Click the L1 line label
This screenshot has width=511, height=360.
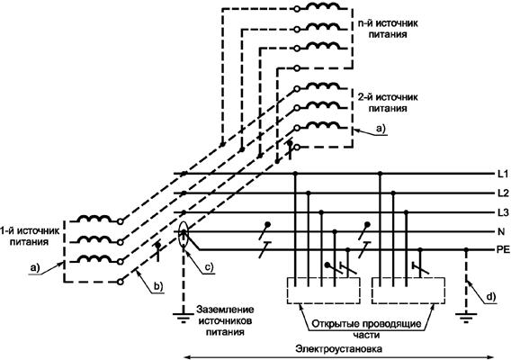tap(503, 174)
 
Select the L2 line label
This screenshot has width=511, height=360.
tap(503, 193)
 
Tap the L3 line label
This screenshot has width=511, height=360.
tap(503, 213)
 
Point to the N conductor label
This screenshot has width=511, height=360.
tap(501, 232)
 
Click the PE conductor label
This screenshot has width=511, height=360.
tap(503, 250)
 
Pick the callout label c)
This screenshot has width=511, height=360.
tap(209, 267)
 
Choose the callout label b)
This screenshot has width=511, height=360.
tap(158, 286)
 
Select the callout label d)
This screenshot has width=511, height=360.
tap(491, 297)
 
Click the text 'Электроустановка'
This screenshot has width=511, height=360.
tap(339, 349)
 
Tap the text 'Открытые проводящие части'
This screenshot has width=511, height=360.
tap(366, 329)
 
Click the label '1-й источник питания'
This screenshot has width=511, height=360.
tap(30, 237)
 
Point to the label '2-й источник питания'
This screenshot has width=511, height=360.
tap(388, 103)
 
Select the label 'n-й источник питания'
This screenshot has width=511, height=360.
tap(388, 29)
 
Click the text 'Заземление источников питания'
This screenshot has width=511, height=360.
tap(225, 320)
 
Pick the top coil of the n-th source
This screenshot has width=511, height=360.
tap(324, 6)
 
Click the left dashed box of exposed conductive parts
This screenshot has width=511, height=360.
tap(288, 291)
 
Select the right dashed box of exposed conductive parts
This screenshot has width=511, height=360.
tap(372, 291)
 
